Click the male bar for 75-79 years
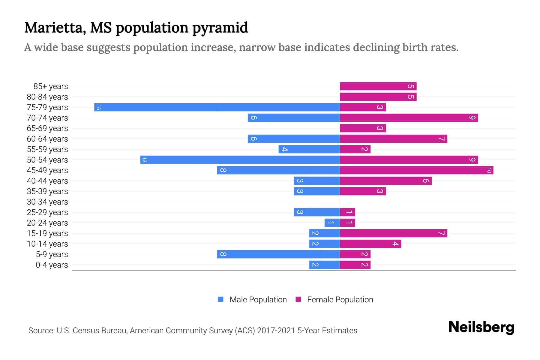tap(217, 107)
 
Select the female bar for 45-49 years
tap(416, 170)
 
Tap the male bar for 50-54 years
tap(240, 160)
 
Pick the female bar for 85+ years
tap(378, 86)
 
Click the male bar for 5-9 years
tap(278, 254)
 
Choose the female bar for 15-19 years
tap(393, 233)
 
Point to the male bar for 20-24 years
tap(332, 223)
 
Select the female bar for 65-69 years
tap(363, 128)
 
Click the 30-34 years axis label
tap(47, 202)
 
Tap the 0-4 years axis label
tap(52, 265)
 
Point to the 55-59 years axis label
tap(47, 149)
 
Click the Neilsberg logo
tap(481, 327)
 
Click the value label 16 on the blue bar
tap(98, 107)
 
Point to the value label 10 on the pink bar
tap(489, 170)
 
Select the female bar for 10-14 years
tap(370, 244)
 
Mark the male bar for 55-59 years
tap(309, 149)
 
